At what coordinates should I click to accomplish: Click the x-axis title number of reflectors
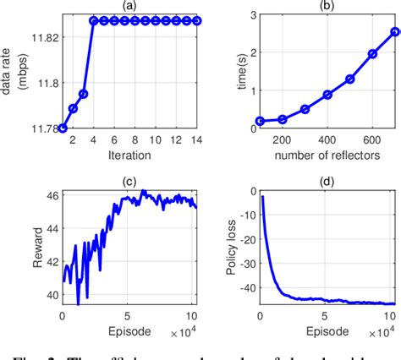(x=326, y=156)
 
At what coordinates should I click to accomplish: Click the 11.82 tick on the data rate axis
(x=44, y=37)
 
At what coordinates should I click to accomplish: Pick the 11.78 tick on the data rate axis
(x=44, y=128)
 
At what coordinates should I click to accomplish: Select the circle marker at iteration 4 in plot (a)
(x=93, y=20)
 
